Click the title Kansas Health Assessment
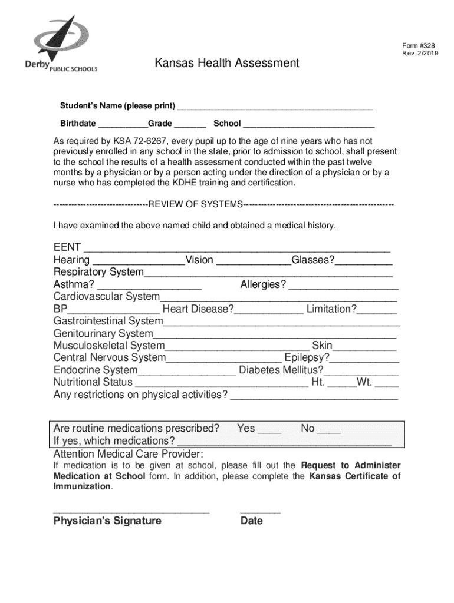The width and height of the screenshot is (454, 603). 227,63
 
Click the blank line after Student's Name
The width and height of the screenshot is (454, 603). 275,106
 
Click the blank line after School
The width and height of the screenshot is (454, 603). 308,124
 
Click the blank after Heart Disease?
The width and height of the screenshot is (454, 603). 269,310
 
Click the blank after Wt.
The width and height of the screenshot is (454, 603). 386,383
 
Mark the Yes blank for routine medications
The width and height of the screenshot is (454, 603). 269,429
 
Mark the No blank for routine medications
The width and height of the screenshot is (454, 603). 329,429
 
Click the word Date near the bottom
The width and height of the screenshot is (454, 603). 252,521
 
